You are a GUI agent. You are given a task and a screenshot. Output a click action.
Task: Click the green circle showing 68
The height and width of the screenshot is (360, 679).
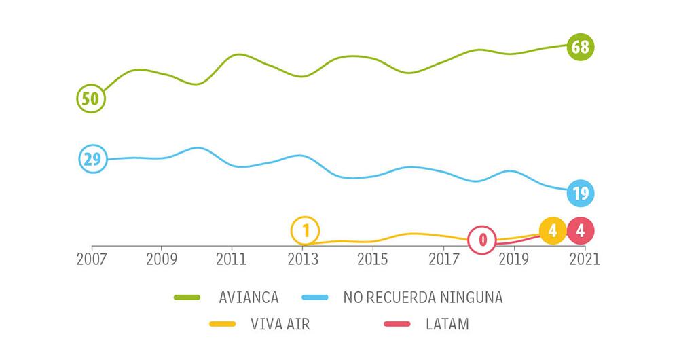pos(580,48)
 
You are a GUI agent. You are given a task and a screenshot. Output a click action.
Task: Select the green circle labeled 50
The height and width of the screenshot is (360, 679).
pos(91,98)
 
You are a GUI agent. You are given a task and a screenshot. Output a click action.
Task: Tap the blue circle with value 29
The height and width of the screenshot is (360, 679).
pos(92,160)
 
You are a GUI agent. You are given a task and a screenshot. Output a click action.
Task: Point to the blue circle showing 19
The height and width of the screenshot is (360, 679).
pos(581,194)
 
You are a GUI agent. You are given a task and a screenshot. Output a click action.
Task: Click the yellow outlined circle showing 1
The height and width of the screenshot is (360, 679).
pos(306,231)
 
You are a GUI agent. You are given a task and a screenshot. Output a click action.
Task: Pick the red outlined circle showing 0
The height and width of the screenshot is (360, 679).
pos(483,240)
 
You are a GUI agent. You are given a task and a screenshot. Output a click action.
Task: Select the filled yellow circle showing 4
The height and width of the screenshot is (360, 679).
pos(553,231)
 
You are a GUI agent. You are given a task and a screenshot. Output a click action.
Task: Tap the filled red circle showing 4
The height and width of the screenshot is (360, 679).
pos(581,231)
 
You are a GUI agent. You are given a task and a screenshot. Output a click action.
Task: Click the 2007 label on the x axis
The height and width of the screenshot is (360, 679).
pos(92,259)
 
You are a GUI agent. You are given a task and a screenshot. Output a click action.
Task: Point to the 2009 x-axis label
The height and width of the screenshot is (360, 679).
pos(162,259)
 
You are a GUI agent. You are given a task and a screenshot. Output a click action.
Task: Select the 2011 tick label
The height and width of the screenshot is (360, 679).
pos(232,259)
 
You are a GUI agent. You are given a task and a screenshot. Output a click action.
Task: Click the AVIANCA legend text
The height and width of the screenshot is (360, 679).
pos(249,298)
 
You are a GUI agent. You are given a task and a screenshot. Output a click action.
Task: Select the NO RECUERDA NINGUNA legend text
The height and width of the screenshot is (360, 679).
pos(423,298)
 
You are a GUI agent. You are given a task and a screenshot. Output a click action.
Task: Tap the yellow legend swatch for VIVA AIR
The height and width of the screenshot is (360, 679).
pos(222,324)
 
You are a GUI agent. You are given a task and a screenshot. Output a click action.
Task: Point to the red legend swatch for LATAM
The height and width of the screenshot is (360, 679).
pos(397,324)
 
